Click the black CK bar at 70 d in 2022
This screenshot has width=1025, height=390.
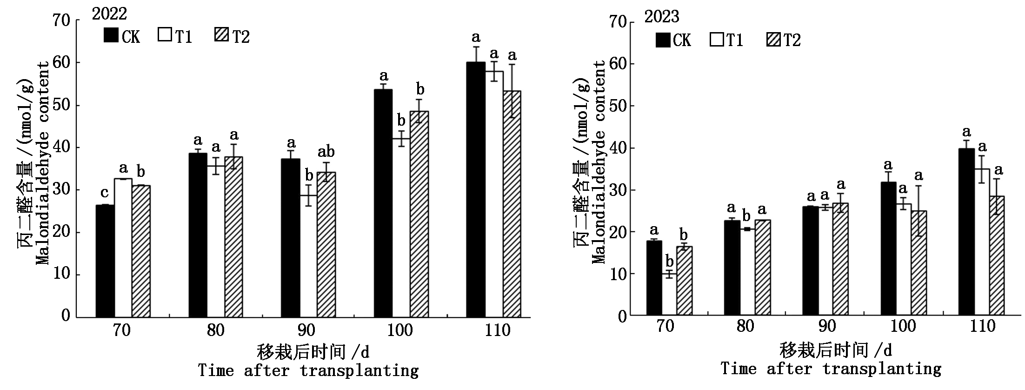coord(105,261)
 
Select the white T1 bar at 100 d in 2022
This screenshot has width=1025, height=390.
coord(401,228)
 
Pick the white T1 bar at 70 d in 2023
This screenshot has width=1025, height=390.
coord(669,295)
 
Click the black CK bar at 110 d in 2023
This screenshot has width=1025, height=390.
coord(966,233)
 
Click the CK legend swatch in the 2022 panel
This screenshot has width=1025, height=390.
coord(111,36)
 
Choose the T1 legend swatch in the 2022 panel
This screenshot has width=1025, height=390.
coord(165,36)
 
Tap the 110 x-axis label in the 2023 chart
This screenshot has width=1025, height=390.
coord(982,326)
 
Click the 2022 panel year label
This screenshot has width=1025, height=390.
coord(110,14)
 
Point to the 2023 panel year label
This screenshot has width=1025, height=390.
coord(661,17)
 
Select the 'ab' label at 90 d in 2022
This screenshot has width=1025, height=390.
coord(326,152)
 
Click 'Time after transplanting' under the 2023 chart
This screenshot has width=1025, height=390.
coord(831,369)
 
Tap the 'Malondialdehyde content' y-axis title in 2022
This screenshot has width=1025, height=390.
coord(43,163)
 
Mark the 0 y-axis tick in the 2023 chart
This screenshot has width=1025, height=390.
coord(621,316)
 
